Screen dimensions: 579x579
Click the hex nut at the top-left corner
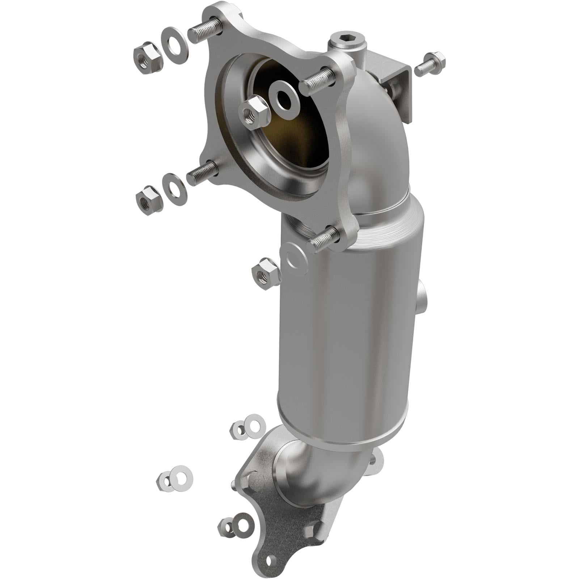(147, 58)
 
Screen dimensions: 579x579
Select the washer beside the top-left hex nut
(174, 46)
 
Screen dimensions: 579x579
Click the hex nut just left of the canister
(266, 273)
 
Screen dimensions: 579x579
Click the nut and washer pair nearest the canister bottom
(248, 427)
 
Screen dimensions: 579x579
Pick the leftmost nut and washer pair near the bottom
(174, 478)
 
